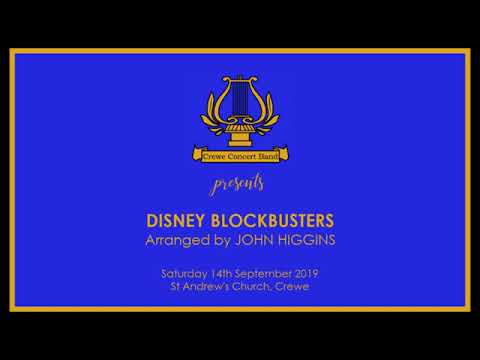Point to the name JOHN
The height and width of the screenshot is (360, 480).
pyautogui.click(x=261, y=241)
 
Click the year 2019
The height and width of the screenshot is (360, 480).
pyautogui.click(x=306, y=273)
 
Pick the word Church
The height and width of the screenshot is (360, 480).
pyautogui.click(x=256, y=287)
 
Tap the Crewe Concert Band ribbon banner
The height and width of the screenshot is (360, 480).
pyautogui.click(x=240, y=155)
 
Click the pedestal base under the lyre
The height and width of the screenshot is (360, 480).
pyautogui.click(x=240, y=137)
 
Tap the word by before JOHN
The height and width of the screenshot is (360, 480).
pyautogui.click(x=229, y=241)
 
